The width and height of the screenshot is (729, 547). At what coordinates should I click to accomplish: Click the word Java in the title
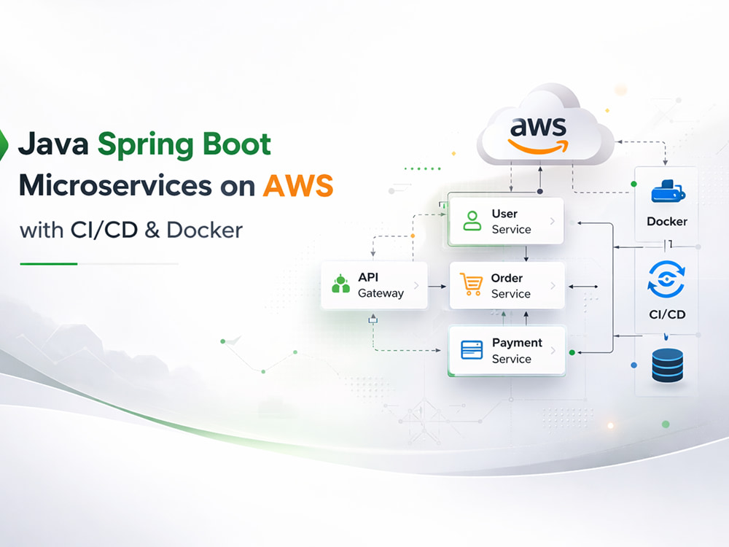[53, 144]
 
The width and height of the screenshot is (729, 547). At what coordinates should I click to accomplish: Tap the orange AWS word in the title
[298, 185]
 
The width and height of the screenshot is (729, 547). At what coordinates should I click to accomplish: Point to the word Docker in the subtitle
[205, 230]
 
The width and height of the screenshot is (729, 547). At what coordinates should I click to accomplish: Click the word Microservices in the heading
[115, 185]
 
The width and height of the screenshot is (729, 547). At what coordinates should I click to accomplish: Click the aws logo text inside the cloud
[539, 127]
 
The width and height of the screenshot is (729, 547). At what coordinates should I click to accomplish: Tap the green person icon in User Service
[472, 221]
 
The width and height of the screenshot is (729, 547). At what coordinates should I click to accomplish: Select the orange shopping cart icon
[471, 284]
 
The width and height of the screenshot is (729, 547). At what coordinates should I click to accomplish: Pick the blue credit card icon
[472, 350]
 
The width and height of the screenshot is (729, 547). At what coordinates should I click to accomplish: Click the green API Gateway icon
[340, 284]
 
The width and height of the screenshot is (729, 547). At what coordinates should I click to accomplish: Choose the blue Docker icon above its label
[668, 191]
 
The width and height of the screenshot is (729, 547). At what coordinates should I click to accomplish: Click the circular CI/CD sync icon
[666, 279]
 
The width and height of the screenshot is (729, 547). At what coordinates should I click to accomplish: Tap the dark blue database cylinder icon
[668, 365]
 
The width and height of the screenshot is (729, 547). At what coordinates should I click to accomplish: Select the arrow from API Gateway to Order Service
[437, 287]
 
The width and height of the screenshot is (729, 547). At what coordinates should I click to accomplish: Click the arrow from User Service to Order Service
[526, 254]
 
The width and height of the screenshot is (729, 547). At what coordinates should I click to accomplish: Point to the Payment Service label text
[517, 351]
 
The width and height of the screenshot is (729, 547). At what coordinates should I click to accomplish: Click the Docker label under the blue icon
[667, 222]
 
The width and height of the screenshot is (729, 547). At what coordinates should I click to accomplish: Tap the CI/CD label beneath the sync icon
[667, 314]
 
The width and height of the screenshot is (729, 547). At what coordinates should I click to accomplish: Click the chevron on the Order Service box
[553, 286]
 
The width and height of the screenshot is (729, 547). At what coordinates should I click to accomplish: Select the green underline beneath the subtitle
[48, 264]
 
